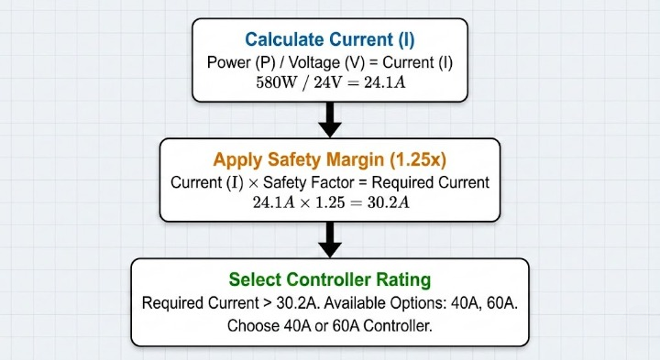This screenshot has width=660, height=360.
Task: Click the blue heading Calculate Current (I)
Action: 330,39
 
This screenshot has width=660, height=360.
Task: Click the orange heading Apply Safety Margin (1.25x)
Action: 330,158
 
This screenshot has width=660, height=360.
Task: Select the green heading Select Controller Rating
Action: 330,279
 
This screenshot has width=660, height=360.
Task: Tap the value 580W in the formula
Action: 278,83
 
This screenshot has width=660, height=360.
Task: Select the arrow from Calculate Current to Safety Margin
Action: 330,117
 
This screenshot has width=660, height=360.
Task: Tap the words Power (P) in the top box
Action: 231,62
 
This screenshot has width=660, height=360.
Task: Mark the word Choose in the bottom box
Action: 254,326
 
